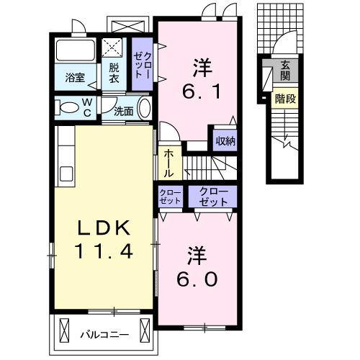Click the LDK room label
[x=104, y=230]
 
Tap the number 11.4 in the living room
[x=104, y=251]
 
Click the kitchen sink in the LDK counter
[x=66, y=174]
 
